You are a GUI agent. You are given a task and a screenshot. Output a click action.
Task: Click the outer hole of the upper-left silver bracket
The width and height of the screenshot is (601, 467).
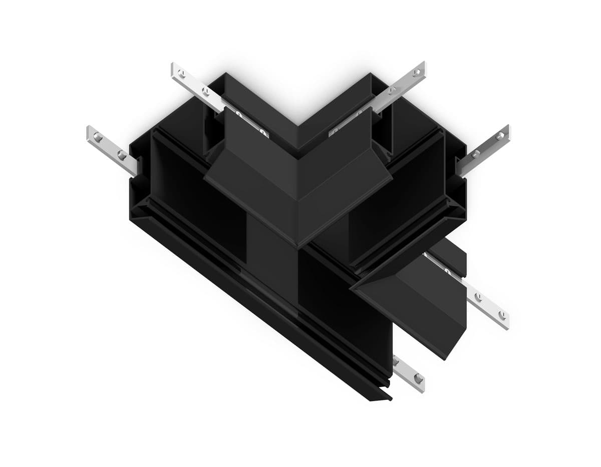click(181, 74)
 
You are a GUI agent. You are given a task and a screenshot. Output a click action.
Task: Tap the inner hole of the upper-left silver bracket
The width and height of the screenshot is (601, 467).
click(205, 91)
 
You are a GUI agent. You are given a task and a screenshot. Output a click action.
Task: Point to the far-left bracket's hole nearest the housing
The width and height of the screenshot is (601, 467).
click(121, 154)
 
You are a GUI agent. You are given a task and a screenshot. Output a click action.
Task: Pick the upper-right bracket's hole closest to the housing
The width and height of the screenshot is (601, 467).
click(392, 91)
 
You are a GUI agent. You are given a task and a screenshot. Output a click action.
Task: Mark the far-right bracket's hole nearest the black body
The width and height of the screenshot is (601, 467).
click(476, 154)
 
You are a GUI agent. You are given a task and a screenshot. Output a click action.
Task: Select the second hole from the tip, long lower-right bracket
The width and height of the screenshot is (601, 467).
click(478, 296)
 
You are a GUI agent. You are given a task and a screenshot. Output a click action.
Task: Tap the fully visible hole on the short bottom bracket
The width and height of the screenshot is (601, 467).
click(418, 379)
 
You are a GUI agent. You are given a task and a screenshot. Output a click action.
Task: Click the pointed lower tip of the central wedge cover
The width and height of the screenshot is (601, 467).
click(298, 247)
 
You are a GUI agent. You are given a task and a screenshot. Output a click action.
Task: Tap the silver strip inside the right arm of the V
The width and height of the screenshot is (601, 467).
click(346, 125)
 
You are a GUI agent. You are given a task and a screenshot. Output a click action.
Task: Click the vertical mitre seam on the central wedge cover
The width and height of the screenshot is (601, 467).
click(298, 200)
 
